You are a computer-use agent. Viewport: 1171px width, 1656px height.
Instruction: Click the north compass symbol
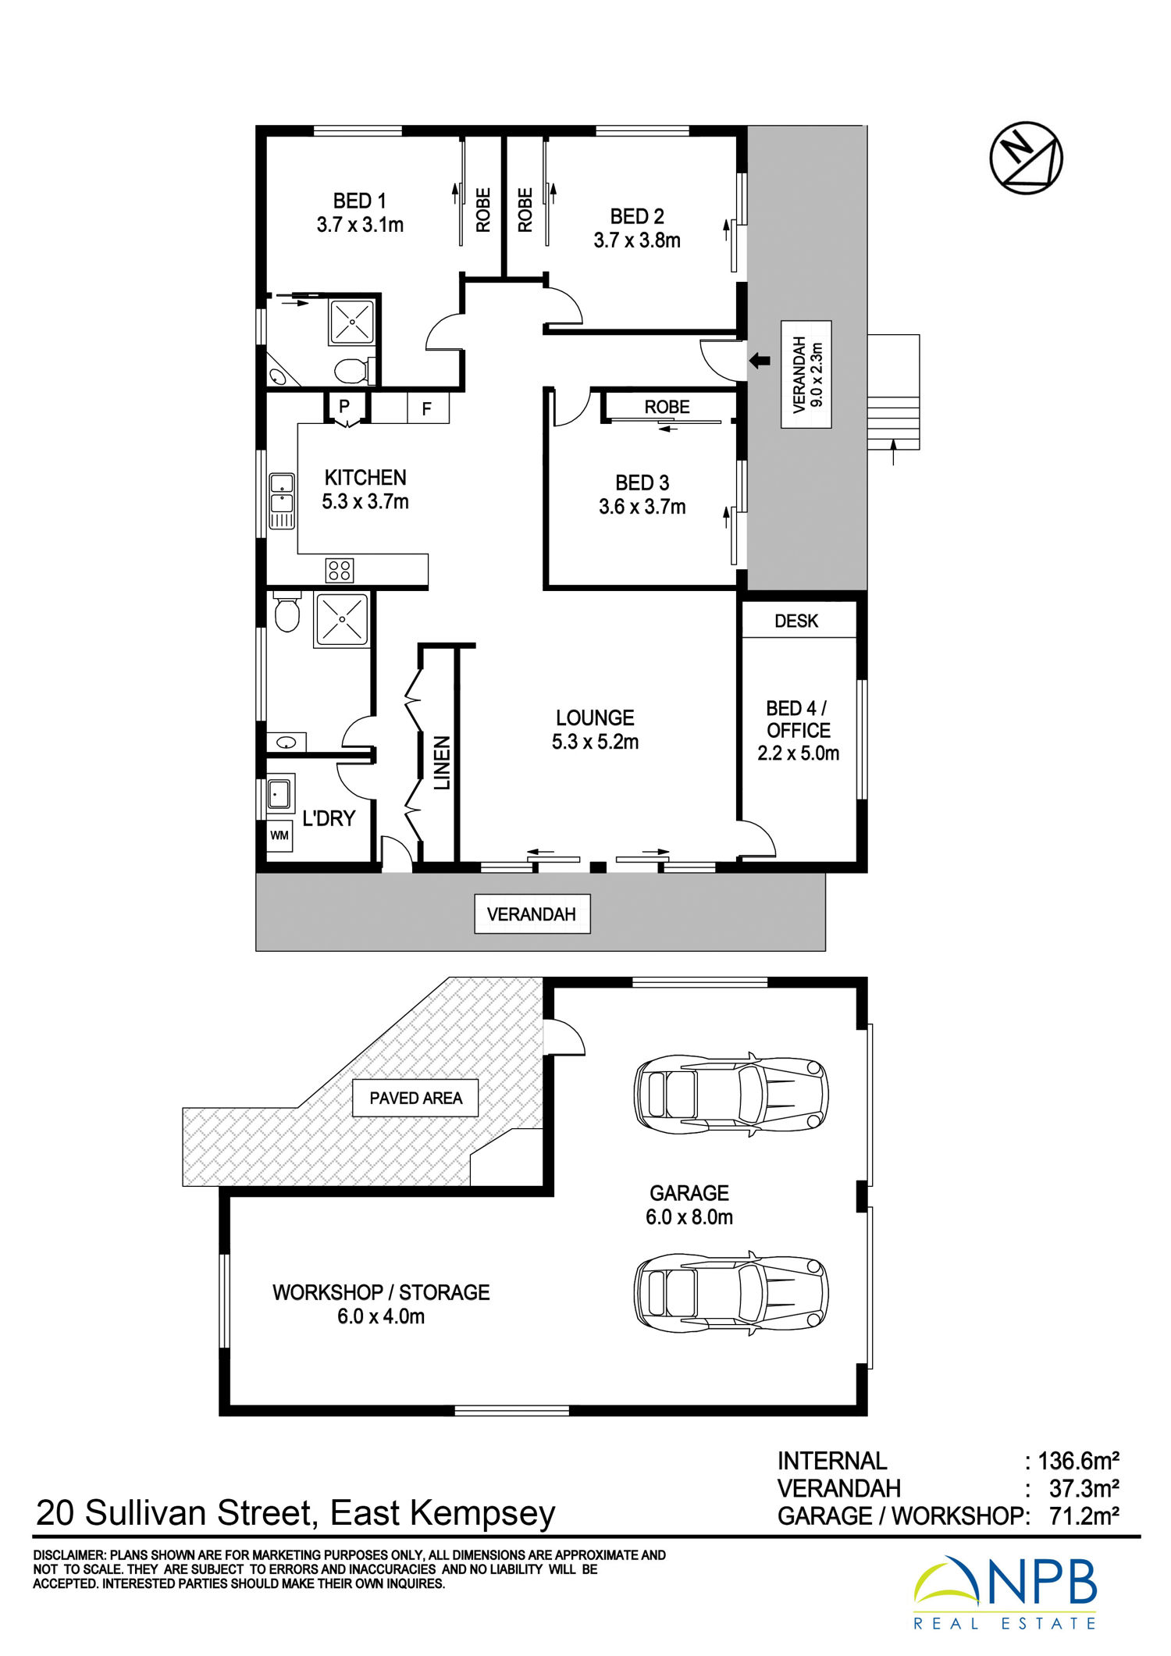pos(1026,158)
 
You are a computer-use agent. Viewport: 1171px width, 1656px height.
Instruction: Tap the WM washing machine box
pos(279,835)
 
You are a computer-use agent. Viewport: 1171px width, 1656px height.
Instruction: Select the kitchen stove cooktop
pos(339,570)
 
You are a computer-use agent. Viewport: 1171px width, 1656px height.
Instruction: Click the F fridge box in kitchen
pos(427,408)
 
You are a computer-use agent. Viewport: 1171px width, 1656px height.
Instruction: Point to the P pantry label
pos(343,406)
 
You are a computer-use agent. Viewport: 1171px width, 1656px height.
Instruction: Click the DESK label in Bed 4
pos(796,621)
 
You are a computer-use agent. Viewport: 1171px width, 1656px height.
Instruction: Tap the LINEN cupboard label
pos(442,763)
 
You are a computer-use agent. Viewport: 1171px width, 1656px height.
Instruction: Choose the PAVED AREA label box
pos(415,1098)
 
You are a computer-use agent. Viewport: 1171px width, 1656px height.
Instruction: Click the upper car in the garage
pos(731,1094)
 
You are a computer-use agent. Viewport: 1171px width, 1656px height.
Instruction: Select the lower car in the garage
pos(731,1293)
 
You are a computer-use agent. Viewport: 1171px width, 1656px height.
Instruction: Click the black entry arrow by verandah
pos(760,361)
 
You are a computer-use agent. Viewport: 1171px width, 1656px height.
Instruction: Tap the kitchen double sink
pos(282,500)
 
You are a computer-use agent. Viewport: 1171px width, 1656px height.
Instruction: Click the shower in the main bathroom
pos(341,619)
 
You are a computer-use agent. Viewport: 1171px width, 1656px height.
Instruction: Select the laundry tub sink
pos(279,795)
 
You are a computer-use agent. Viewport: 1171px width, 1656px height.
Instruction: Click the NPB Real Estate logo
pos(1005,1593)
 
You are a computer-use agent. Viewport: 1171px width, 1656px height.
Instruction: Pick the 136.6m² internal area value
pos(1079,1461)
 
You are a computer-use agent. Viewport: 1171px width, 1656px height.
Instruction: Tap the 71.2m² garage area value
pos(1084,1515)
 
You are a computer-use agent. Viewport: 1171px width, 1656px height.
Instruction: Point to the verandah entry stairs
pos(893,392)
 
